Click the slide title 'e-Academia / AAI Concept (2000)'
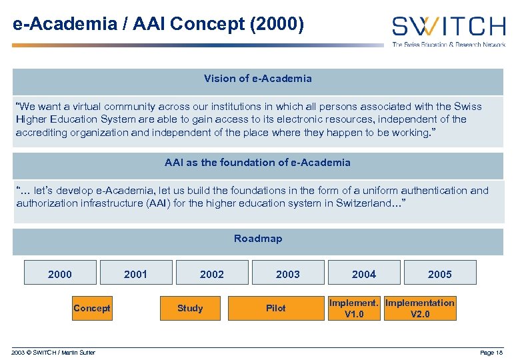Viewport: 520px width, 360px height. [159, 25]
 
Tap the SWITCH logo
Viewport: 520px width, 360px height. [448, 27]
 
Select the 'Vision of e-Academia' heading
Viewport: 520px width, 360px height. [258, 79]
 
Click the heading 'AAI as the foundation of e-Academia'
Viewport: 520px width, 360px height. [258, 163]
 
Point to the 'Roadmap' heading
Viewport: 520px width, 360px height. [258, 239]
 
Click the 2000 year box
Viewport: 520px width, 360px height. [60, 273]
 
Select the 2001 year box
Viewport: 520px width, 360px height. [136, 273]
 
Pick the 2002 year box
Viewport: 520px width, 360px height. [212, 273]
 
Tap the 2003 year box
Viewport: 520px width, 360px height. [288, 273]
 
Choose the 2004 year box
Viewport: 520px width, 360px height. [364, 273]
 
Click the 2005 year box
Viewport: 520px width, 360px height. [440, 273]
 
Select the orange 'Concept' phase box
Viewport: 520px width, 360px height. [92, 308]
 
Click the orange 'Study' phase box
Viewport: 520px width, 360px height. [190, 308]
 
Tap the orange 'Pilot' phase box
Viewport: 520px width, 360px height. [275, 308]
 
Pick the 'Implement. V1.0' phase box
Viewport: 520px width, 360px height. [354, 308]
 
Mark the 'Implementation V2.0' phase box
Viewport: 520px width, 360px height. [420, 308]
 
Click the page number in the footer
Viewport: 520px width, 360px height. [491, 353]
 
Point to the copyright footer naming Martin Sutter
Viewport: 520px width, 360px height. [53, 353]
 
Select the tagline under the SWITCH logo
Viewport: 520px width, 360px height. [448, 44]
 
